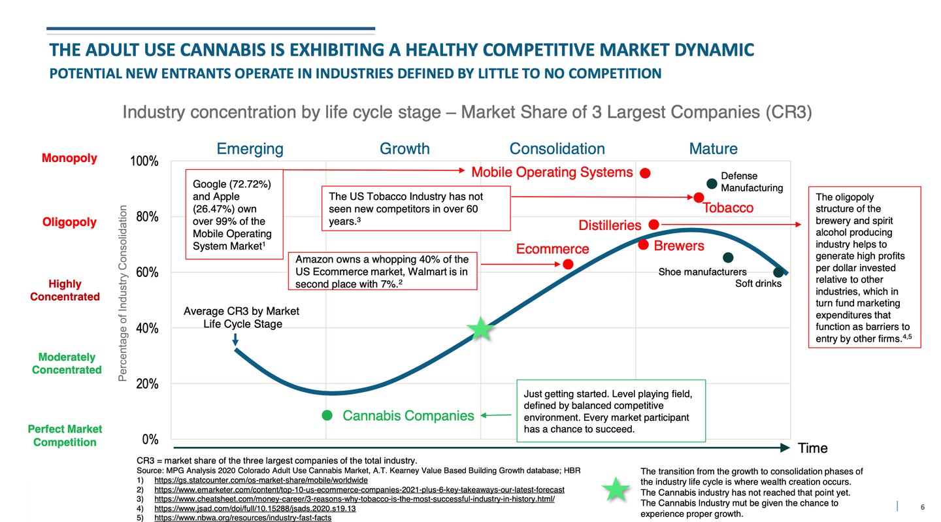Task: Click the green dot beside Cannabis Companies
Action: (327, 416)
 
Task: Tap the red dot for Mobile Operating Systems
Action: (645, 173)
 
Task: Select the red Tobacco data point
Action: (699, 197)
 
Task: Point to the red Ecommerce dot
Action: (568, 264)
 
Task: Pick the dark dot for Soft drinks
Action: (778, 272)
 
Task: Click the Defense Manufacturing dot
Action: (712, 184)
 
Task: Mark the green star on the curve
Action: (481, 329)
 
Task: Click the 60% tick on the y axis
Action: (147, 272)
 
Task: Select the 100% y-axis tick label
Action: (144, 161)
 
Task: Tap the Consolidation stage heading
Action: (557, 149)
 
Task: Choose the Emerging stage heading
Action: (250, 149)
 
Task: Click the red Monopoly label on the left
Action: (69, 158)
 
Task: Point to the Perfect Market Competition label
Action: (65, 436)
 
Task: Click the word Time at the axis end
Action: (812, 448)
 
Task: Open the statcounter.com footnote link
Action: (261, 480)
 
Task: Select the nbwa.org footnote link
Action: (242, 517)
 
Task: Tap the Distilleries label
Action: (610, 225)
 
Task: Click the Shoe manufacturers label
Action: (702, 272)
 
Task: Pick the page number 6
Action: (922, 507)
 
